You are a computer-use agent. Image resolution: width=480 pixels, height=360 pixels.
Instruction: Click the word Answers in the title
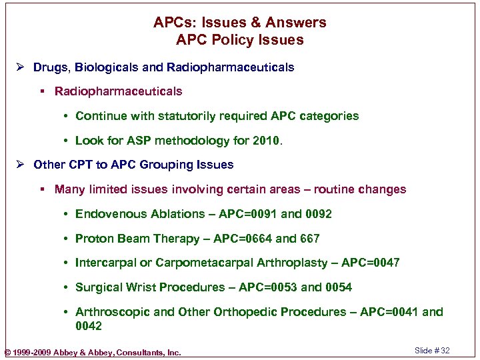point(296,23)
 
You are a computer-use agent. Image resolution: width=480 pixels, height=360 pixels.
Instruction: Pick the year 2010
point(267,141)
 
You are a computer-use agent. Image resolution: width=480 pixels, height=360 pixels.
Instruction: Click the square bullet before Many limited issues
point(43,190)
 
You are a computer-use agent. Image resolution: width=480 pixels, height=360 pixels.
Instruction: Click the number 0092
point(319,214)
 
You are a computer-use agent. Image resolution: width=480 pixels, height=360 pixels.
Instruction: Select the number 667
point(310,239)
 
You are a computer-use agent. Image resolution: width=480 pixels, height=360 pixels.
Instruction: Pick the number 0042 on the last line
point(89,326)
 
